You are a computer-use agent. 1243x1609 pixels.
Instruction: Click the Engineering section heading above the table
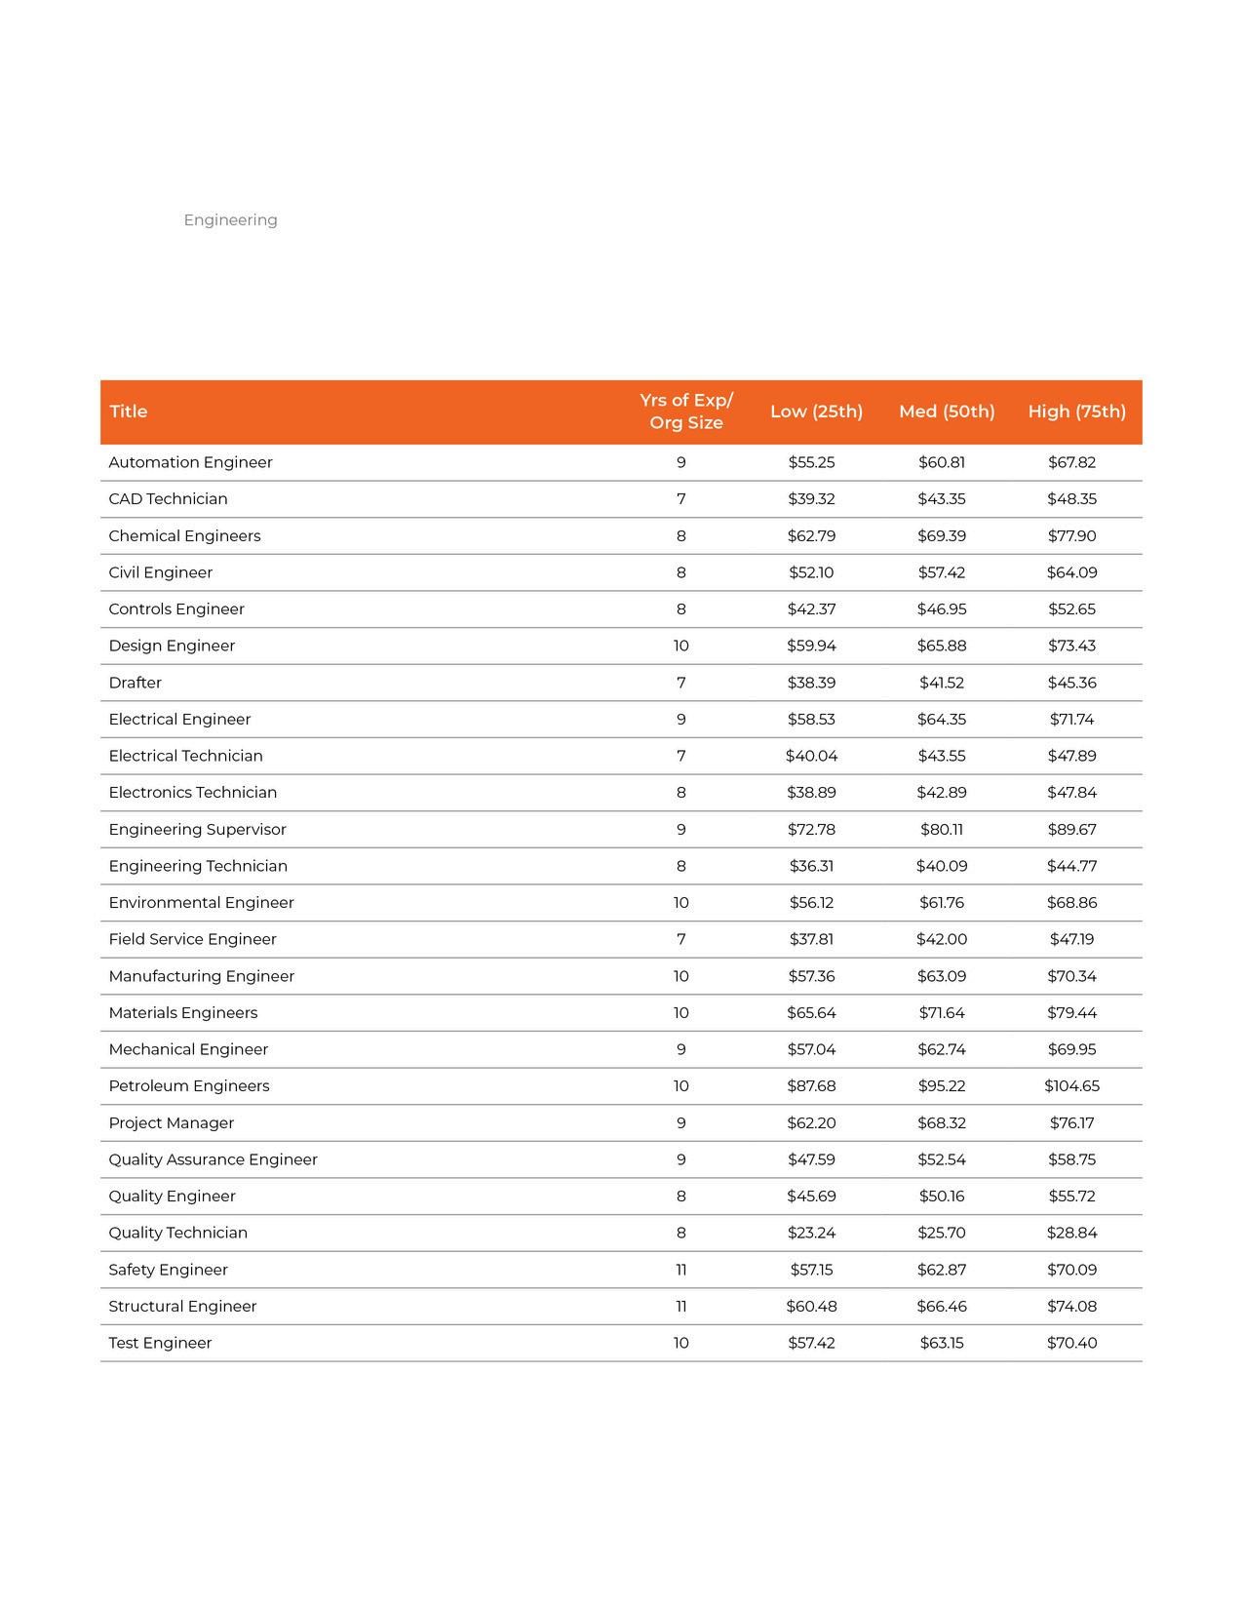[230, 220]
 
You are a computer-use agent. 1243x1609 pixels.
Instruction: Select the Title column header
[128, 412]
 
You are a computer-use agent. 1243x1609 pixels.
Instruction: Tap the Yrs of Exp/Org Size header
[686, 412]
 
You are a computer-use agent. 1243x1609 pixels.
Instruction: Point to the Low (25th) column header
[816, 412]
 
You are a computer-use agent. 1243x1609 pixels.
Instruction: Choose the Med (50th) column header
[947, 412]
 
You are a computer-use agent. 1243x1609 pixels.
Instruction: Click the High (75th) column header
[1076, 412]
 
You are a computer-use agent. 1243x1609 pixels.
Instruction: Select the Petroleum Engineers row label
[189, 1086]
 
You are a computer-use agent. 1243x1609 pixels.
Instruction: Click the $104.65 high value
[1071, 1086]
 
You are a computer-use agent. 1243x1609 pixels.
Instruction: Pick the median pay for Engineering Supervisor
[942, 830]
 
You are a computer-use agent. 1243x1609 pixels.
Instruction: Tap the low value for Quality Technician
[811, 1233]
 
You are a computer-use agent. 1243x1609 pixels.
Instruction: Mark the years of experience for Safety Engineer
[681, 1270]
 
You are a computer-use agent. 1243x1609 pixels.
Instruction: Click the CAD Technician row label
[168, 499]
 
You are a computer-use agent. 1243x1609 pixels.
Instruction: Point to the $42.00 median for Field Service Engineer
[942, 939]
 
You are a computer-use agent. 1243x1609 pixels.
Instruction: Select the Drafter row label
[136, 683]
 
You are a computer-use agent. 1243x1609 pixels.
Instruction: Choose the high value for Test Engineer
[1071, 1343]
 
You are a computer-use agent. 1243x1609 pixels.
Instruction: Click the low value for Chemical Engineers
[811, 536]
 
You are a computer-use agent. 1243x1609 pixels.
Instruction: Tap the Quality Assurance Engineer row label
[213, 1159]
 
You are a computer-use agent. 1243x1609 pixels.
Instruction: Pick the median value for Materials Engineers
[942, 1013]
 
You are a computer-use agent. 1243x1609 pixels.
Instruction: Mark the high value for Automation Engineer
[1071, 462]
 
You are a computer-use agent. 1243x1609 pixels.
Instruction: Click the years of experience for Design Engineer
[681, 646]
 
